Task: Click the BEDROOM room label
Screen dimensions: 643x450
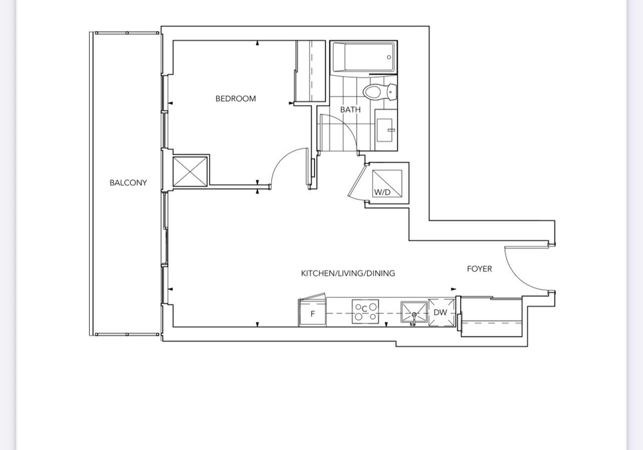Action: pyautogui.click(x=236, y=98)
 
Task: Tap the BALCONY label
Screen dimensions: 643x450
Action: pyautogui.click(x=128, y=183)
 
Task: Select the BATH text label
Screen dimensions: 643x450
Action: pyautogui.click(x=350, y=110)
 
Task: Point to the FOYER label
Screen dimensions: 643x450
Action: pyautogui.click(x=480, y=269)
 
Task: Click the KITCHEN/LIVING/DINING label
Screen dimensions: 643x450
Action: pyautogui.click(x=348, y=273)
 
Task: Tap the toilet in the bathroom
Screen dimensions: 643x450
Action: pyautogui.click(x=380, y=91)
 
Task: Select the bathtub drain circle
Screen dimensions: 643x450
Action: pyautogui.click(x=388, y=58)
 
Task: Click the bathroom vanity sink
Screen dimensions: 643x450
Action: pyautogui.click(x=386, y=130)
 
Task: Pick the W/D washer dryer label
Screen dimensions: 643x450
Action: pyautogui.click(x=382, y=192)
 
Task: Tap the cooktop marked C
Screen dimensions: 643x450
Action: pyautogui.click(x=365, y=311)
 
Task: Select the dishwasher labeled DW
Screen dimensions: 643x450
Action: pyautogui.click(x=441, y=312)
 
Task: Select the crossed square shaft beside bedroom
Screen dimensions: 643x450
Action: pyautogui.click(x=191, y=171)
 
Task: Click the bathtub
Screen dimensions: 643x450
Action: pyautogui.click(x=364, y=58)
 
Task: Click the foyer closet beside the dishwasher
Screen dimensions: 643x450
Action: pyautogui.click(x=491, y=316)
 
